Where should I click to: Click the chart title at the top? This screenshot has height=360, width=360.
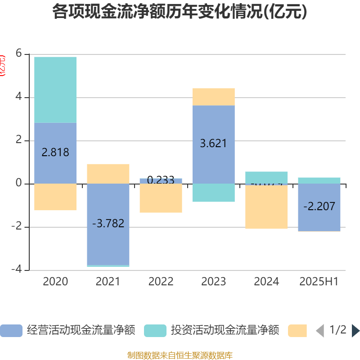tap(180, 12)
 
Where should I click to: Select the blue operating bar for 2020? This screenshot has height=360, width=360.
tap(55, 153)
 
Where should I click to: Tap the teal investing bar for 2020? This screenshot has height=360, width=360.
tap(55, 90)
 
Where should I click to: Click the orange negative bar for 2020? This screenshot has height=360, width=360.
tap(55, 197)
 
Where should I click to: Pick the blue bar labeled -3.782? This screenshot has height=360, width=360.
tap(108, 224)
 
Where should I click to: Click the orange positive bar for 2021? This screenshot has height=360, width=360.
tap(108, 174)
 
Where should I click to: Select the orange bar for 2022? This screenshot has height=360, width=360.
tap(161, 199)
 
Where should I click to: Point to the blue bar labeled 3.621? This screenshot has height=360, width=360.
tap(213, 144)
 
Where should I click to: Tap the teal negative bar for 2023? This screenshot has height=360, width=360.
tap(213, 193)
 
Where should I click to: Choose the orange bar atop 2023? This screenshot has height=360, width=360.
tap(213, 97)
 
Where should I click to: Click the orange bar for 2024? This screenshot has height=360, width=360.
tap(266, 207)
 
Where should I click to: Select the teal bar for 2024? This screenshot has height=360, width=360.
tap(266, 177)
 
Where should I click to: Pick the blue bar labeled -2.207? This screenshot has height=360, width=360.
tap(319, 207)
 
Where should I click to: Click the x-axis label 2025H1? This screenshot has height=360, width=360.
tap(319, 282)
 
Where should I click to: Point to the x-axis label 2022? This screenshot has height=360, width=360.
tap(161, 282)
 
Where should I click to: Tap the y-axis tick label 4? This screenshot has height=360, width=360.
tap(19, 97)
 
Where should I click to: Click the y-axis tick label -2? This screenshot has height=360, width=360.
tap(16, 227)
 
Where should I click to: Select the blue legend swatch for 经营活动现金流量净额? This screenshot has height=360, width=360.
tap(11, 331)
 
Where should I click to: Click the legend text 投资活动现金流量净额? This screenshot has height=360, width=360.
tap(225, 330)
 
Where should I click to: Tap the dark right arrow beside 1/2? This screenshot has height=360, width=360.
tap(355, 331)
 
